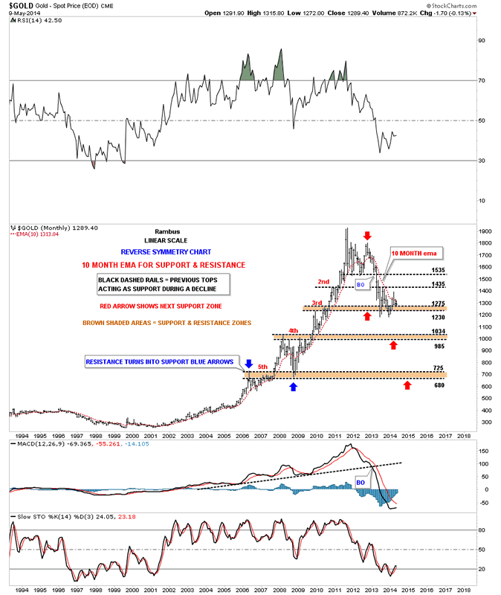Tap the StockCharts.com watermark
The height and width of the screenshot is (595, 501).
coord(462,12)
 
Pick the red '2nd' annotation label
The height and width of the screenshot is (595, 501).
coord(324,281)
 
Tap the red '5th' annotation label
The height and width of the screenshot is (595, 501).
coord(262,366)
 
